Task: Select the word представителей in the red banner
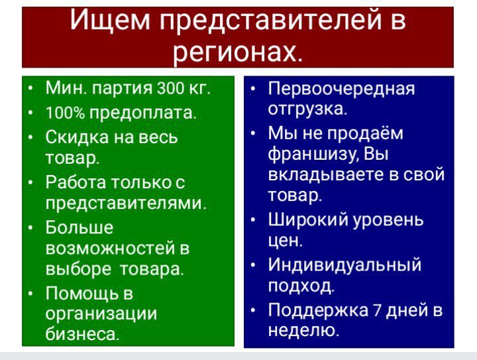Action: (271, 21)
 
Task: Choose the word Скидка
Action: (77, 137)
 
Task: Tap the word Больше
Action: (79, 227)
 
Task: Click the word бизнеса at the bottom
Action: (82, 333)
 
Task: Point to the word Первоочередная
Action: (341, 89)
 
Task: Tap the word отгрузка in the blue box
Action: (307, 109)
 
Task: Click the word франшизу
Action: (313, 154)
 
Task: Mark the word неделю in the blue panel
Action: (303, 330)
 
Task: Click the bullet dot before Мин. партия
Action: (30, 89)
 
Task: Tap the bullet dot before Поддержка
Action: (253, 310)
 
